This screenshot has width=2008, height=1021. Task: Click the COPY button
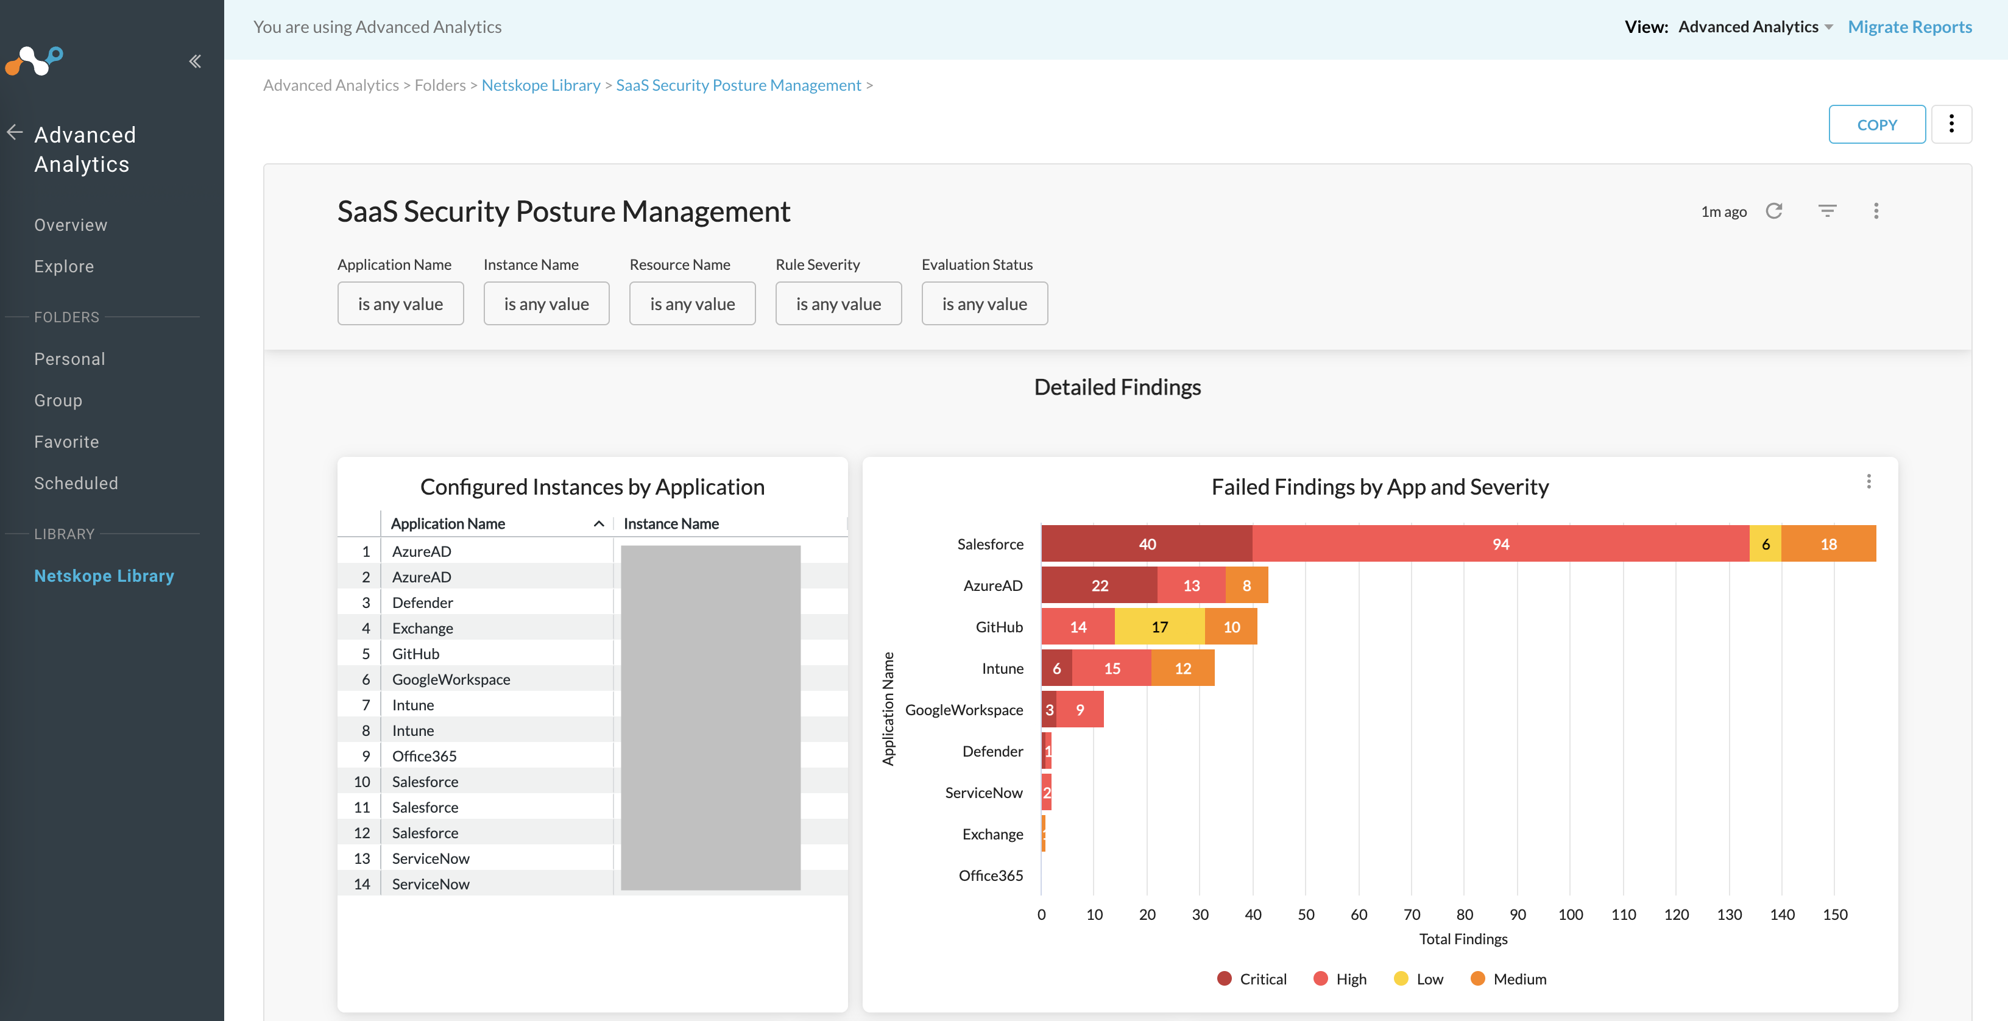pyautogui.click(x=1876, y=125)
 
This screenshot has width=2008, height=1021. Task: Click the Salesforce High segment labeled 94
pyautogui.click(x=1500, y=544)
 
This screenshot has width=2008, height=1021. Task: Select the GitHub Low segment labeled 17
pyautogui.click(x=1159, y=627)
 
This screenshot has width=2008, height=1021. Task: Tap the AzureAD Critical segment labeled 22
pyautogui.click(x=1099, y=586)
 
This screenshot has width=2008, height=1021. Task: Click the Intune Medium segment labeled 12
pyautogui.click(x=1182, y=669)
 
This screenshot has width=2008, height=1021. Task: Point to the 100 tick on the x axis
pyautogui.click(x=1570, y=915)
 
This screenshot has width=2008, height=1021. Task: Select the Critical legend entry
pyautogui.click(x=1252, y=980)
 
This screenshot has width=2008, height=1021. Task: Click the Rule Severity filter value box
pyautogui.click(x=838, y=304)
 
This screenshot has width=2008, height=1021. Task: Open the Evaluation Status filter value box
pyautogui.click(x=984, y=304)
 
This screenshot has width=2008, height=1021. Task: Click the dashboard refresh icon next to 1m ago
pyautogui.click(x=1773, y=211)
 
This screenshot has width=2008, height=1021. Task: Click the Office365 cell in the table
pyautogui.click(x=424, y=757)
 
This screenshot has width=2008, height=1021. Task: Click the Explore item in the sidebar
pyautogui.click(x=64, y=267)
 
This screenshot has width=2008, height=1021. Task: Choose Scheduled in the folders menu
pyautogui.click(x=76, y=483)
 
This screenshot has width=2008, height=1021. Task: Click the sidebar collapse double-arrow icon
pyautogui.click(x=195, y=62)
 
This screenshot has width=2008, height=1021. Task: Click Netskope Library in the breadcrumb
pyautogui.click(x=540, y=85)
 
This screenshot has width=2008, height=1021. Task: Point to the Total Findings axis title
pyautogui.click(x=1462, y=939)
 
